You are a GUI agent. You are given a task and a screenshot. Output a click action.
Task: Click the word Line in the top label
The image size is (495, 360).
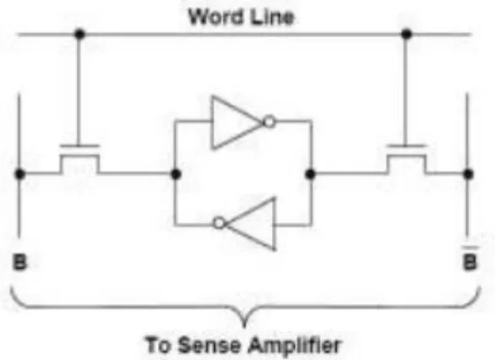(273, 17)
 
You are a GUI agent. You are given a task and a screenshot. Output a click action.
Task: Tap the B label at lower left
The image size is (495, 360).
(19, 262)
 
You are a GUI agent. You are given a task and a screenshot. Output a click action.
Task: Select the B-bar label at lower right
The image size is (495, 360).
(470, 259)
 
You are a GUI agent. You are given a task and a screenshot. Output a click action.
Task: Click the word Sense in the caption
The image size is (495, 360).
(209, 345)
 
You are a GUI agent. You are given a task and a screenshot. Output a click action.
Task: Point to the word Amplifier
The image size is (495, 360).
(295, 346)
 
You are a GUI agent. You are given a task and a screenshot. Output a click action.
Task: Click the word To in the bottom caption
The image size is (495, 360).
(159, 345)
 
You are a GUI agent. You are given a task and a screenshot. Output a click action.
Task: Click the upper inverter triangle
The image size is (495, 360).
(237, 122)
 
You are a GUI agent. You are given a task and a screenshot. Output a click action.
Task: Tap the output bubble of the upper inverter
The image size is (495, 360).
(269, 122)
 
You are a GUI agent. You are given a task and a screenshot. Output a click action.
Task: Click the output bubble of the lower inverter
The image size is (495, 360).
(219, 223)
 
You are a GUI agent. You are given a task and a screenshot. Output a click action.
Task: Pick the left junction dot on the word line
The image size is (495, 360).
(79, 34)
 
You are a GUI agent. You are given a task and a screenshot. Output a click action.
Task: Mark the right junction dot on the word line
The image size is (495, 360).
(406, 34)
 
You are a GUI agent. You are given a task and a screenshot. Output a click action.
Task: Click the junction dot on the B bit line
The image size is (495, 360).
(19, 174)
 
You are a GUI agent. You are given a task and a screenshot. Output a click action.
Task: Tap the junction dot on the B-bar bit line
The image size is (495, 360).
(468, 174)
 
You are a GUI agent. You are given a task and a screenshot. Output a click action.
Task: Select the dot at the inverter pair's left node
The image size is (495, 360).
(176, 174)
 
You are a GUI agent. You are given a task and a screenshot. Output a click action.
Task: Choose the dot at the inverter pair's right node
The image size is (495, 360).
(310, 174)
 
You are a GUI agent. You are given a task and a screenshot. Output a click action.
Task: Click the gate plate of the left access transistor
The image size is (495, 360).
(79, 146)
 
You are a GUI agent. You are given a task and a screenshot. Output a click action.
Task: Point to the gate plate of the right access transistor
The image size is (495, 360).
(406, 146)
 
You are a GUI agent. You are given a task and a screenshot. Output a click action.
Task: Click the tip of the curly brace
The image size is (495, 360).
(244, 327)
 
